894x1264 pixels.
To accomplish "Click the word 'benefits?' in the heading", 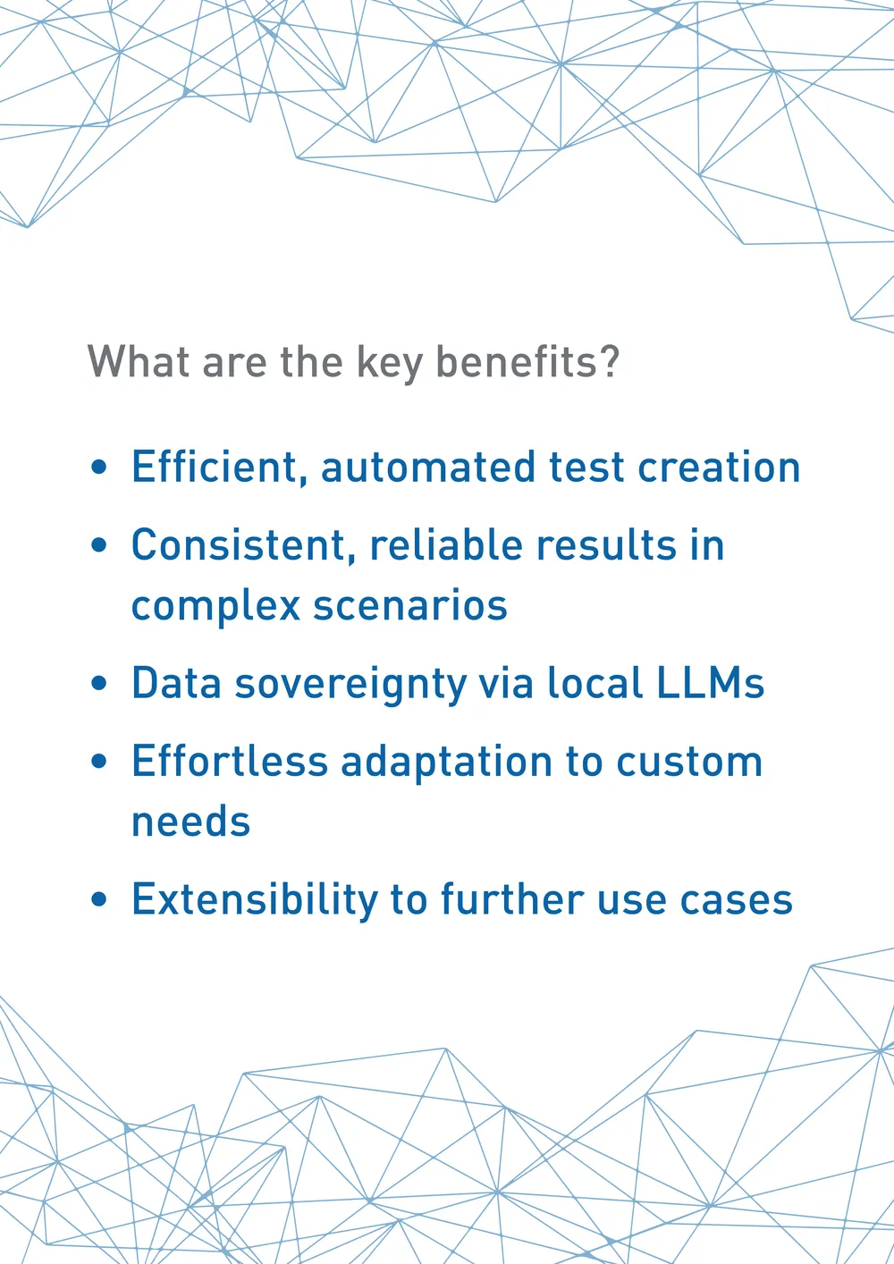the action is click(x=527, y=361).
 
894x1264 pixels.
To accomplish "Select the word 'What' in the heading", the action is click(x=139, y=361).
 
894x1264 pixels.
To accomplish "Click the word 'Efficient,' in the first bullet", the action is click(x=220, y=467).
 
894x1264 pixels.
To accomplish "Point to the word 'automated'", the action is click(x=428, y=468).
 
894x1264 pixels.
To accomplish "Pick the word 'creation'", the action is click(x=719, y=468).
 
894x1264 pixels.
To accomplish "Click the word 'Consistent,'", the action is click(x=244, y=545).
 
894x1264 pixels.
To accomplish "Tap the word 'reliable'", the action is click(x=446, y=544).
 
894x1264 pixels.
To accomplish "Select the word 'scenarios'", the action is click(x=410, y=606).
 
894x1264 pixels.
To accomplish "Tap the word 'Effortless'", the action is click(x=230, y=762).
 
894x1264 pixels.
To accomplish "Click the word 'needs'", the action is click(x=190, y=822).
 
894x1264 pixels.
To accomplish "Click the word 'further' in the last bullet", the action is click(x=512, y=899).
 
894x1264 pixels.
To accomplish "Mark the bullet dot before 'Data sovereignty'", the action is click(x=98, y=683).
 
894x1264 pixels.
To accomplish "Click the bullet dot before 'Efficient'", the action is click(x=98, y=468).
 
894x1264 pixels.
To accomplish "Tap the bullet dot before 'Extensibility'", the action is click(x=98, y=899).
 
